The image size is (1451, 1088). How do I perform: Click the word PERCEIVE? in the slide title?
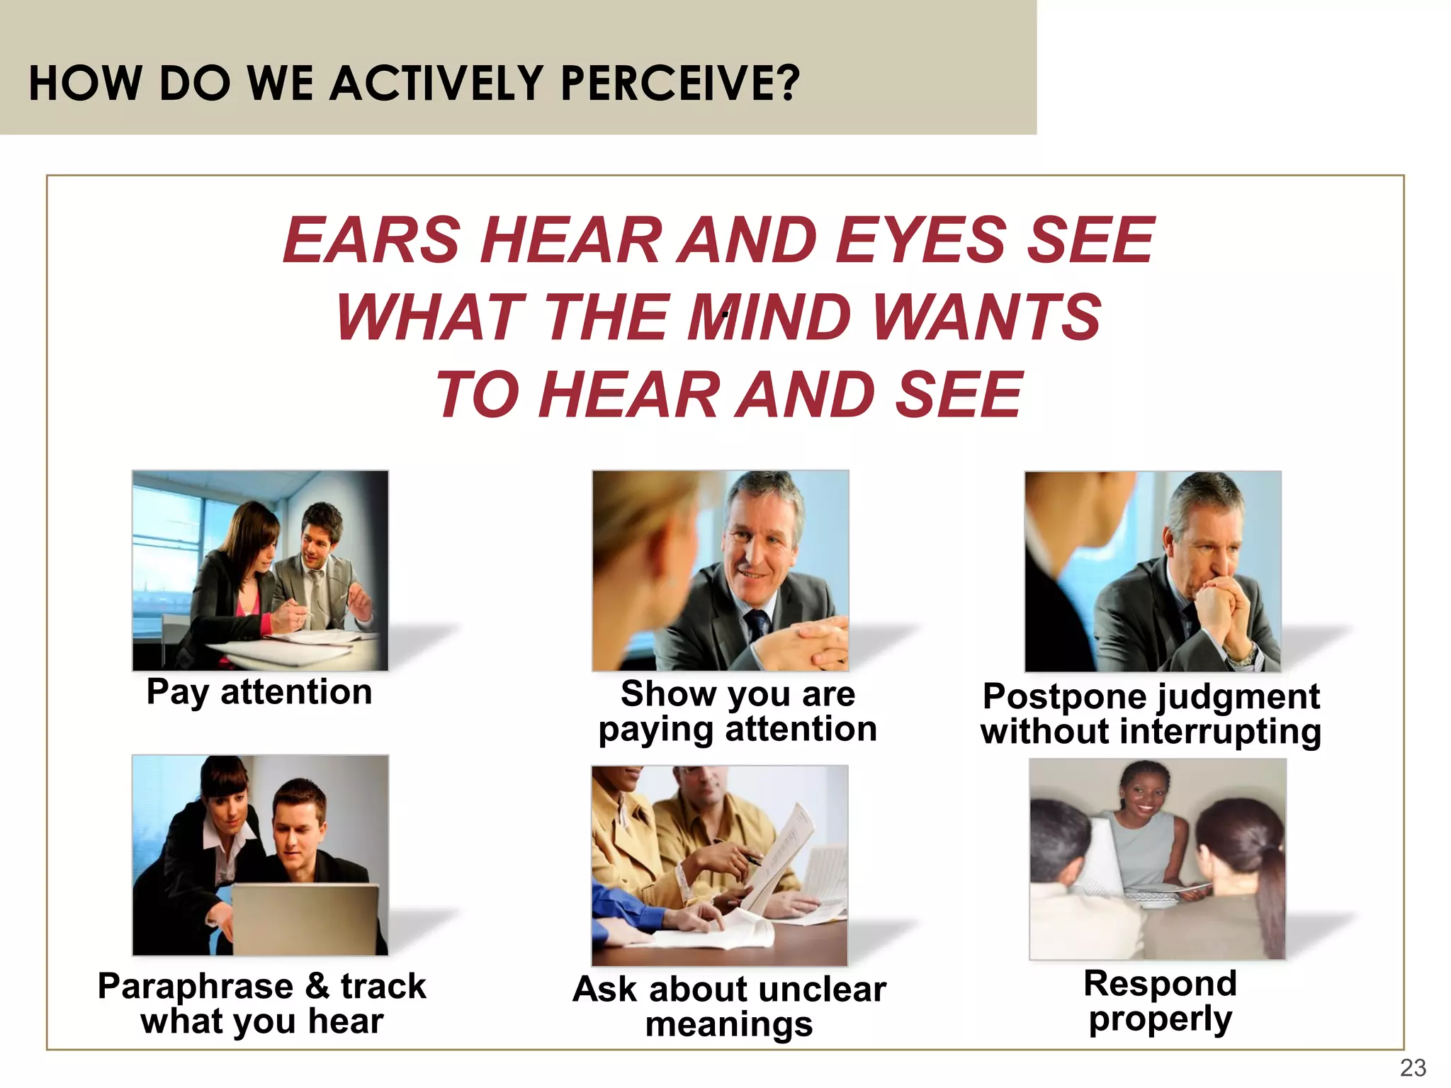(679, 83)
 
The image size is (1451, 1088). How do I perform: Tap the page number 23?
(1413, 1067)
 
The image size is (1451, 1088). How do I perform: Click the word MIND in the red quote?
(769, 317)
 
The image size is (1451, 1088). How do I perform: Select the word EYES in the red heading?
(921, 240)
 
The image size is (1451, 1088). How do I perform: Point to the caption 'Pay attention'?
(259, 692)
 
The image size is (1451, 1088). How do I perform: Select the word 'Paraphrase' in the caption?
(196, 987)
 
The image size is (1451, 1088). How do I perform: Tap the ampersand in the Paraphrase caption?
(317, 986)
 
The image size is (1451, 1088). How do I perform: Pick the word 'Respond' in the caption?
(1160, 984)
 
